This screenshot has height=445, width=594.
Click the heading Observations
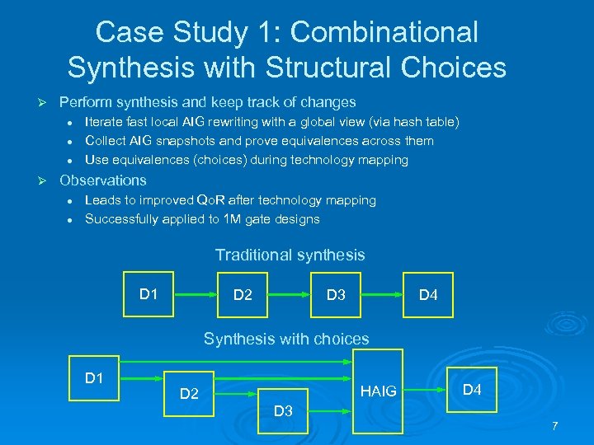tap(103, 180)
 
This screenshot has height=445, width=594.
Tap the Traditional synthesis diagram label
tap(290, 255)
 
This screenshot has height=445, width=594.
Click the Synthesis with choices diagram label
tap(286, 338)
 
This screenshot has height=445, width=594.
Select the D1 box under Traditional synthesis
tap(148, 294)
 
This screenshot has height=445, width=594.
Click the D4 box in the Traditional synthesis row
tap(428, 294)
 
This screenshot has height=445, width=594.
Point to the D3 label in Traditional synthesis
tap(335, 294)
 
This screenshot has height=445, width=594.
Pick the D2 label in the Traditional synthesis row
tap(243, 294)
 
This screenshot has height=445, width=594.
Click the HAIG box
tap(378, 391)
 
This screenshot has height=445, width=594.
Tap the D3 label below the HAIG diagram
tap(283, 410)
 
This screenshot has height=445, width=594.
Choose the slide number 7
tap(554, 426)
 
